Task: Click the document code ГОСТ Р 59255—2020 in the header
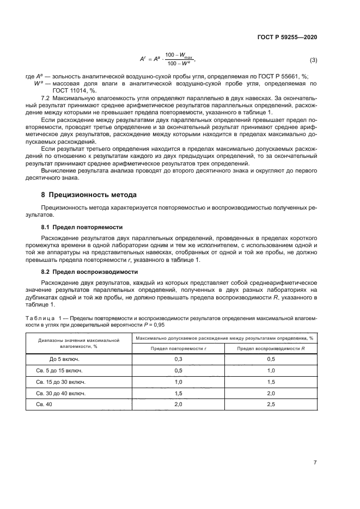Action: click(x=286, y=37)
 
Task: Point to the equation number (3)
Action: click(x=313, y=59)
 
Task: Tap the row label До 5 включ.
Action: click(x=60, y=359)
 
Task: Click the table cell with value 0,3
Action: click(x=178, y=359)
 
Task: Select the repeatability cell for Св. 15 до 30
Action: click(x=178, y=382)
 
